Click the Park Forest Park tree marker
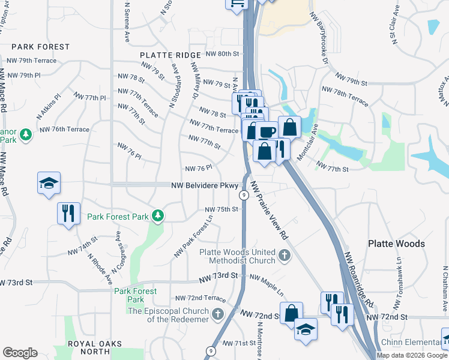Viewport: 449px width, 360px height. click(x=157, y=215)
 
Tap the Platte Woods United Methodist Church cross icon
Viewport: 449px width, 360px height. click(x=285, y=256)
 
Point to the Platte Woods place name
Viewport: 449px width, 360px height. click(x=396, y=244)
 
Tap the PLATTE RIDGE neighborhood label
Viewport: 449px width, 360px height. click(x=170, y=55)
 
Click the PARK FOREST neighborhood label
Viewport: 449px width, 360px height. click(x=40, y=46)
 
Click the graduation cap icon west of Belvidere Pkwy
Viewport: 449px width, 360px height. click(x=49, y=183)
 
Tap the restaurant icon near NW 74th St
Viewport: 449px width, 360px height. click(x=68, y=212)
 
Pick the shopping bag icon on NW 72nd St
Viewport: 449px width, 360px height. click(x=291, y=313)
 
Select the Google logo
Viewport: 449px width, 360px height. click(x=20, y=353)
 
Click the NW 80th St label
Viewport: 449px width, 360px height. click(x=222, y=53)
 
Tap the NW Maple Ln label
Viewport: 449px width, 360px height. click(x=267, y=287)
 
